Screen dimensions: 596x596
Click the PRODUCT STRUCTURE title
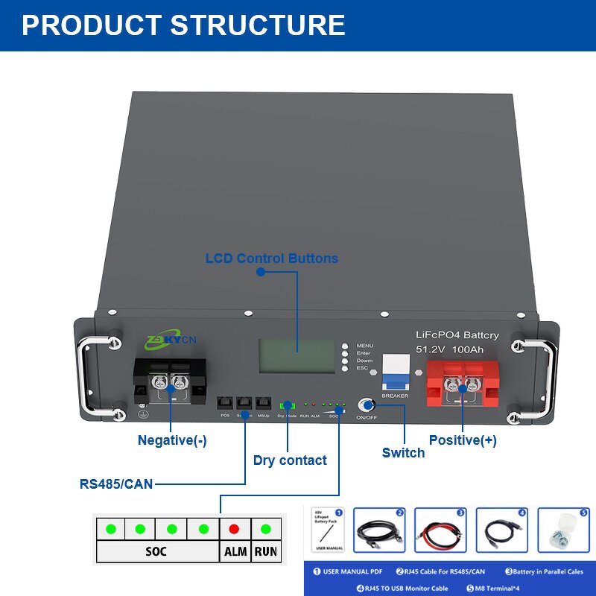[183, 25]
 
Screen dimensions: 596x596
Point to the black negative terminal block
[169, 383]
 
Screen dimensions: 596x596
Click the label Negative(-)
[172, 440]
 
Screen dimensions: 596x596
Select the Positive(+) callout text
[463, 440]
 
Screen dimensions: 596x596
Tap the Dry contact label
[290, 460]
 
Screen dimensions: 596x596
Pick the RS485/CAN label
[116, 484]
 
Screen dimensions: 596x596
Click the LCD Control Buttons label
[272, 259]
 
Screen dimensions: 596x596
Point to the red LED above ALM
[235, 529]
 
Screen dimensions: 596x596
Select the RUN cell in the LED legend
[266, 552]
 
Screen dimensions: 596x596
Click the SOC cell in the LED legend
[156, 552]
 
